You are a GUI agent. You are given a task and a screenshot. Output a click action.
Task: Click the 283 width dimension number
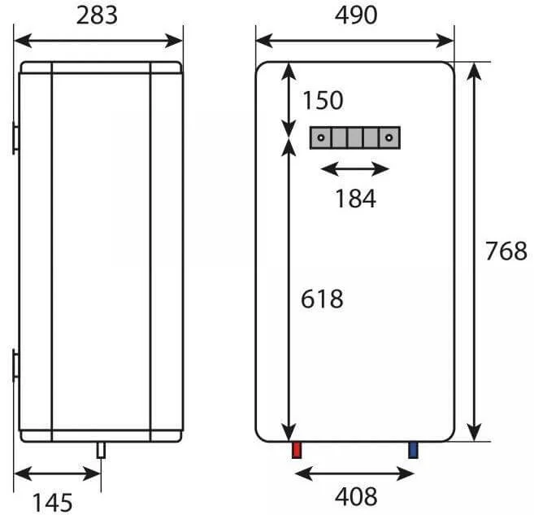(x=97, y=15)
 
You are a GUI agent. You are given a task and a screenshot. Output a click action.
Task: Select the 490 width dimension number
(x=356, y=15)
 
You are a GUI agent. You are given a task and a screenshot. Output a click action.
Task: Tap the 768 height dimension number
(x=506, y=251)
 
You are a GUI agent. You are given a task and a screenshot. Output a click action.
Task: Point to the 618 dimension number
(x=322, y=299)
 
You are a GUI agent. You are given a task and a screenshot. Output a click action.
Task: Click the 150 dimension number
(x=323, y=101)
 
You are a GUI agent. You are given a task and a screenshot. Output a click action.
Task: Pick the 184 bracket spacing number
(x=355, y=199)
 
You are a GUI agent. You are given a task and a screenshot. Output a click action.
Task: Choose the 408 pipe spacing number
(x=356, y=496)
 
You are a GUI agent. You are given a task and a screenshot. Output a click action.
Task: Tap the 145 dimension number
(x=52, y=503)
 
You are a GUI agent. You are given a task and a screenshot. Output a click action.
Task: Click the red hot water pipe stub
(x=297, y=450)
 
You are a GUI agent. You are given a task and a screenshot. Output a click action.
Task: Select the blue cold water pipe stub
(x=413, y=450)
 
